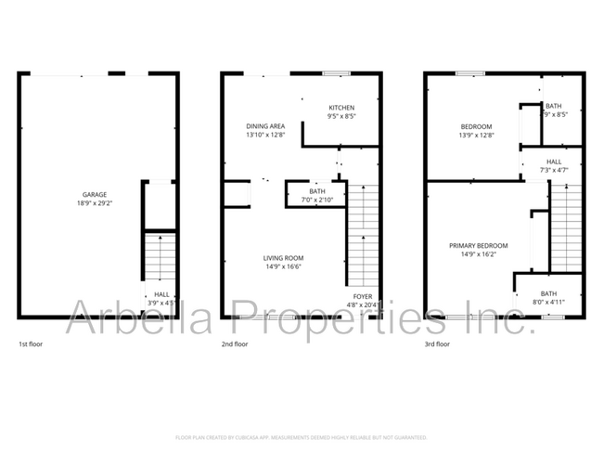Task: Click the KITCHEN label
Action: coord(342,108)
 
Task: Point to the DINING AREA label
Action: coord(264,126)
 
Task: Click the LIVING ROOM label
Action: coord(284,258)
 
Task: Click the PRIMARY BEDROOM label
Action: coord(478,246)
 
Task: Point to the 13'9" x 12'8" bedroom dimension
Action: coord(477,135)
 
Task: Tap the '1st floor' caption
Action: coord(31,344)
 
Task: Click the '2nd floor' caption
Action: coord(235,344)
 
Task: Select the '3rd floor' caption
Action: coord(437,344)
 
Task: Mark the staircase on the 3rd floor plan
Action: coord(566,227)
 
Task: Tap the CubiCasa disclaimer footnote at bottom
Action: coord(301,436)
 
